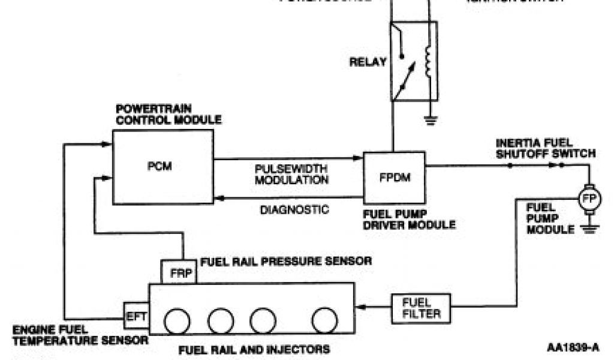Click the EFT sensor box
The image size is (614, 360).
tap(135, 315)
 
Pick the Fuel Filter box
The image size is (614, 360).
tap(420, 307)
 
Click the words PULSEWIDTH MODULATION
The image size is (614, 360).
tap(291, 173)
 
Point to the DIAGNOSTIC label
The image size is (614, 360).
tap(294, 209)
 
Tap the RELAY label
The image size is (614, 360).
tap(368, 61)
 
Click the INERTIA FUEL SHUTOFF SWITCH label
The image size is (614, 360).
tap(545, 148)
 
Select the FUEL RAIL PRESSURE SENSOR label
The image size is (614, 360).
tap(286, 261)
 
